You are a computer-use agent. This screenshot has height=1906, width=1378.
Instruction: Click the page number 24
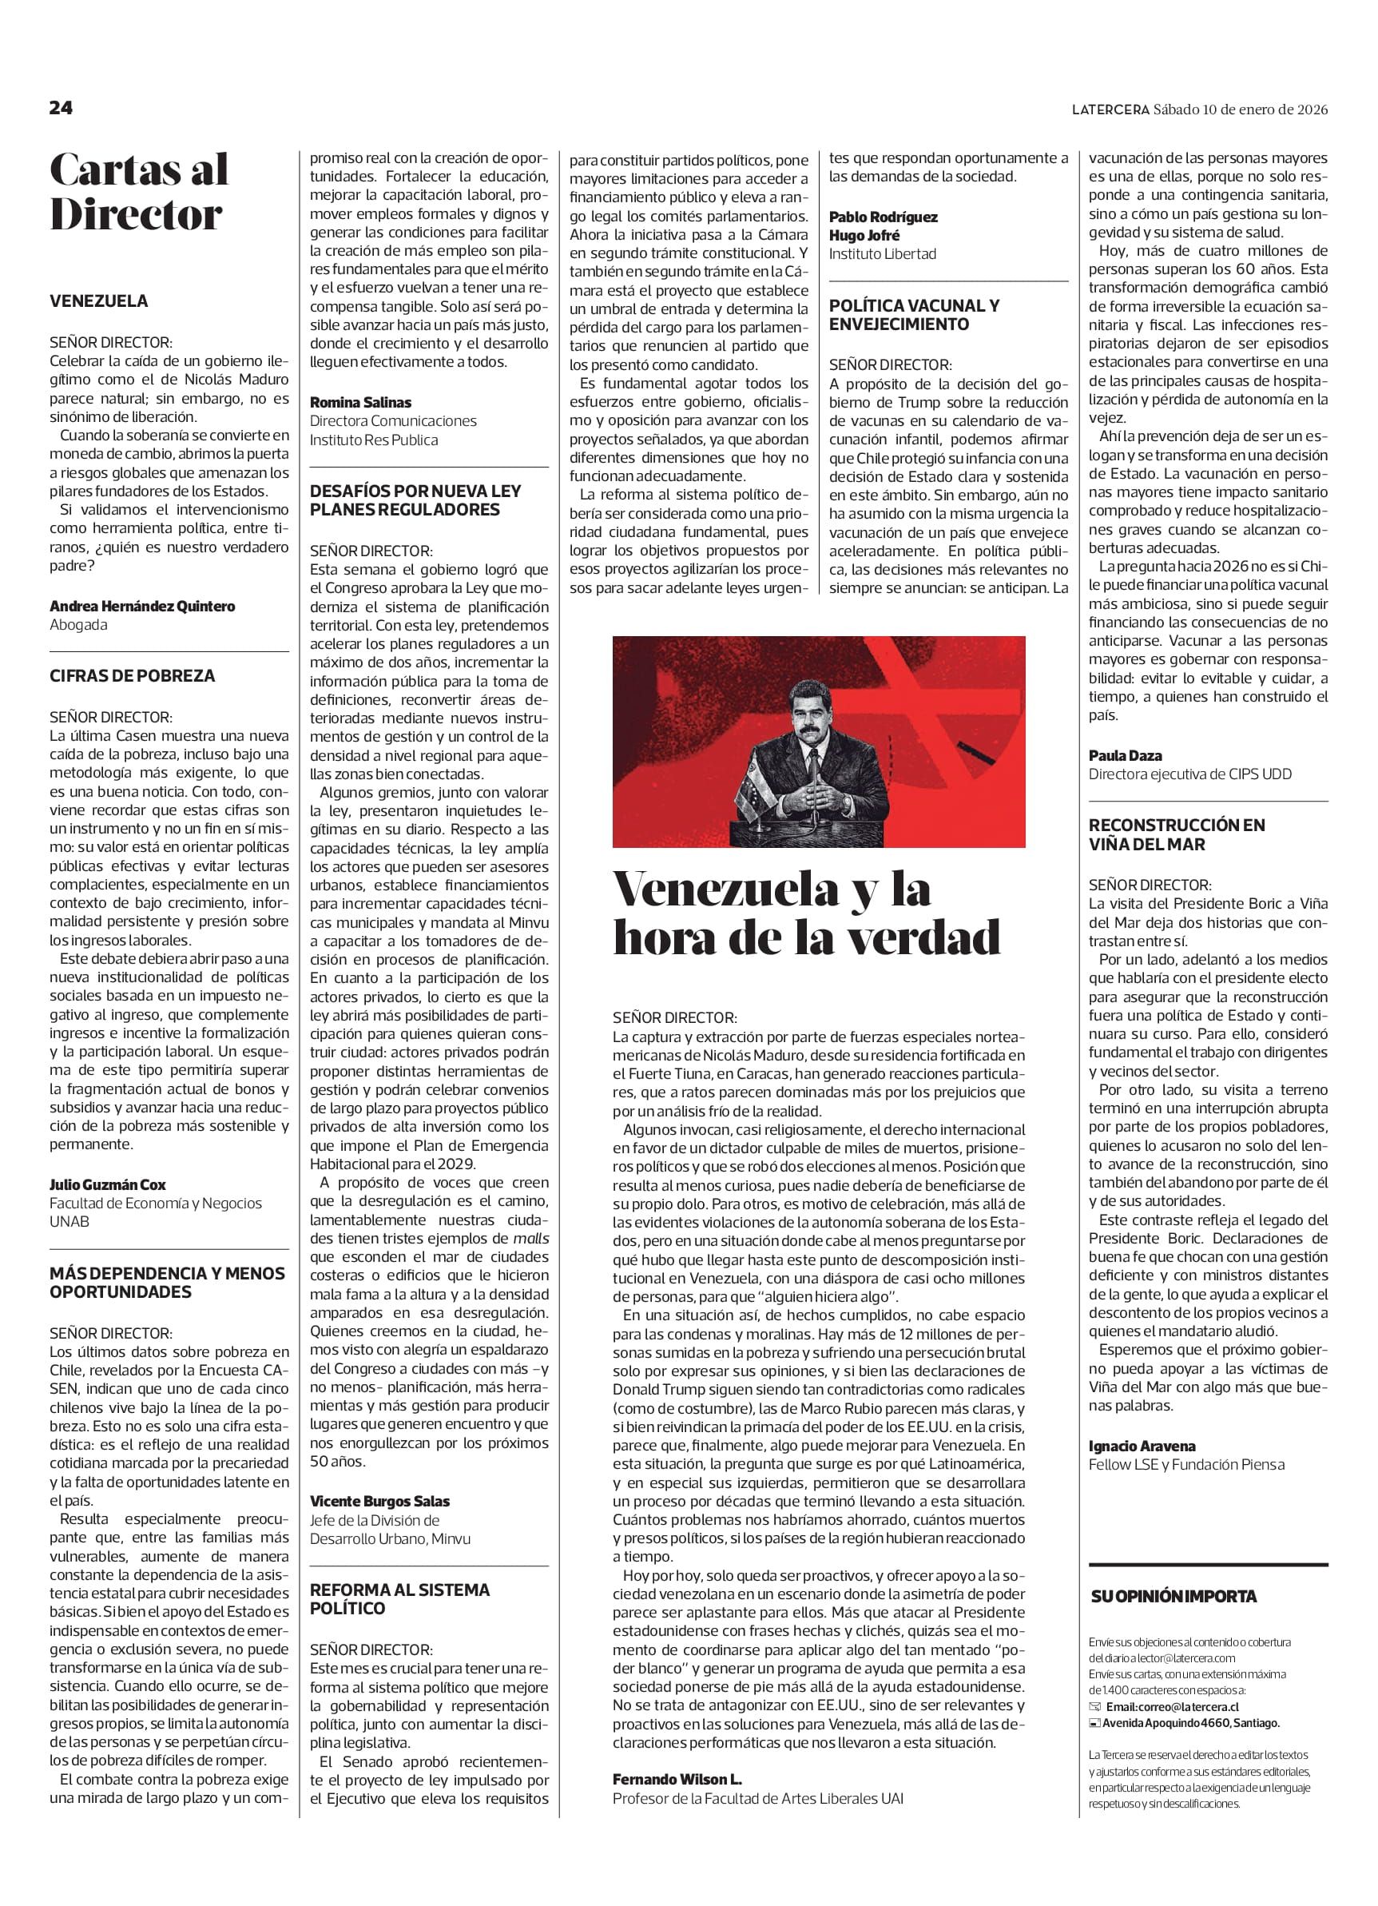coord(62,108)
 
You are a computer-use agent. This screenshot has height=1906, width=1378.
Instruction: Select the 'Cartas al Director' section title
coord(139,193)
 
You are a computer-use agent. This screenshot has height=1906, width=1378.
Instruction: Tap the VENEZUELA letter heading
coord(98,300)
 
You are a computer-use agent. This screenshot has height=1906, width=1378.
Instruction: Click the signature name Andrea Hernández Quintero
coord(142,606)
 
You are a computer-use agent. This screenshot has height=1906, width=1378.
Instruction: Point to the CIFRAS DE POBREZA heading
coord(132,675)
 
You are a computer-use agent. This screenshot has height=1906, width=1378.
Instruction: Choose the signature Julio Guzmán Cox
coord(108,1185)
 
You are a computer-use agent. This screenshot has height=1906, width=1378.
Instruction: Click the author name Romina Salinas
coord(360,403)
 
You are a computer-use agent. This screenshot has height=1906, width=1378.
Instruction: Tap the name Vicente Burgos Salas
coord(379,1501)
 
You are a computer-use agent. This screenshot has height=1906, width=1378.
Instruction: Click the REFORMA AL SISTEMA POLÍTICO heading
coord(399,1598)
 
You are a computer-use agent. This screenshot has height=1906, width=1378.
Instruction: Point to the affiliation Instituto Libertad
coord(882,254)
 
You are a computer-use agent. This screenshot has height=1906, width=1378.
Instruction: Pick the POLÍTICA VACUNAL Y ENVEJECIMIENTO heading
coord(914,315)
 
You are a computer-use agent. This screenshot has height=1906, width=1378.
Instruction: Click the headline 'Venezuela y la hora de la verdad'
coord(807,913)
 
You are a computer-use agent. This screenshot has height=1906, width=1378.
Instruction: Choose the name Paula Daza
coord(1125,755)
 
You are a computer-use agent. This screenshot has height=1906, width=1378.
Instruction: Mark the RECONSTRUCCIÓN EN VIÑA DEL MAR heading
coord(1177,834)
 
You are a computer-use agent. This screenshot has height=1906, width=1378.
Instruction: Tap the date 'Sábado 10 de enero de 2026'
coord(1240,109)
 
